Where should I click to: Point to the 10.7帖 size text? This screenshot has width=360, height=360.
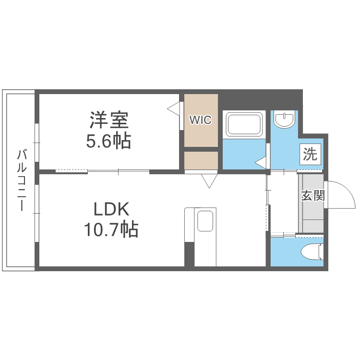coord(111,230)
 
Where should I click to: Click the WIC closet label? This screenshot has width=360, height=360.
coord(200,120)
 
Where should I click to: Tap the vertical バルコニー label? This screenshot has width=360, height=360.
coord(21,180)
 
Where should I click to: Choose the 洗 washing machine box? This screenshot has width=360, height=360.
coord(310,155)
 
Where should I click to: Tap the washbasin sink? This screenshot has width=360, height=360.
coord(285,120)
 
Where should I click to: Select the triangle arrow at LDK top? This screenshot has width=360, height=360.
coord(209,181)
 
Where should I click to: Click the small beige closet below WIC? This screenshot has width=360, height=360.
coord(201,160)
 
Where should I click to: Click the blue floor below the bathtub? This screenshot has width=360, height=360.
coord(244,154)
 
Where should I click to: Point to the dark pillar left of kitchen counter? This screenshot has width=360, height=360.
coord(189,254)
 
